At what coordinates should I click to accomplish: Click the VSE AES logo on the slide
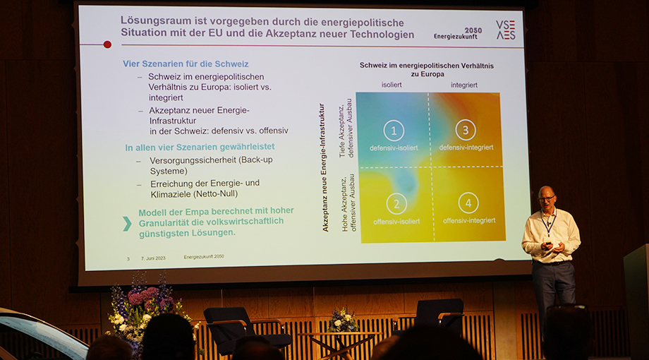click(x=506, y=30)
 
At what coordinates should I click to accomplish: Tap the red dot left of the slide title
click(x=107, y=44)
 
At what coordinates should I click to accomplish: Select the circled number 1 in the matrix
click(x=394, y=131)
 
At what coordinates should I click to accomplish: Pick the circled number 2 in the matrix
click(x=396, y=204)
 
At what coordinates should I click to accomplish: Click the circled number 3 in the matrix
click(x=466, y=130)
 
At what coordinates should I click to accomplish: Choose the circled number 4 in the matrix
click(x=468, y=203)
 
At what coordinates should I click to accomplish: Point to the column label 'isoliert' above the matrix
click(x=392, y=85)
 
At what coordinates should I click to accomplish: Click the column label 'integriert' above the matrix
click(x=464, y=85)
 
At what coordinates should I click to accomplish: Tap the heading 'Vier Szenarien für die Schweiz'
click(x=186, y=64)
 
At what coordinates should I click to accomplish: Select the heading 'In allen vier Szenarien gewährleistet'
click(x=200, y=147)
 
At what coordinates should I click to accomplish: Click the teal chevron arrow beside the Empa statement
click(x=127, y=223)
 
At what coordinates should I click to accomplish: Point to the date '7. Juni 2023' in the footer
click(x=153, y=258)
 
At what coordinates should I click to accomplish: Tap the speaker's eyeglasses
click(x=546, y=199)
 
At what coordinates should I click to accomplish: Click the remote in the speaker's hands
click(x=549, y=244)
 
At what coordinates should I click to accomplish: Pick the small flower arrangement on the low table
click(x=343, y=320)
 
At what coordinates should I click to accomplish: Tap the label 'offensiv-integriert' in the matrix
click(x=469, y=220)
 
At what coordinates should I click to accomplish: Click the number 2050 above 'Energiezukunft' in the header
click(x=473, y=30)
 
